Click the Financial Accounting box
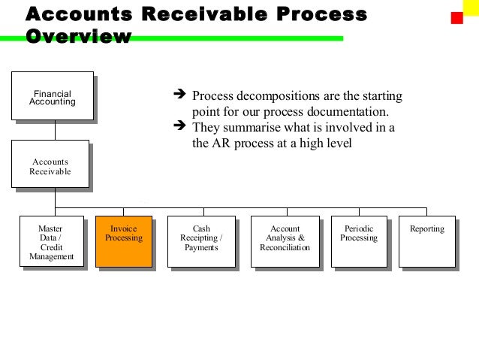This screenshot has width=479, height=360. [x=52, y=96]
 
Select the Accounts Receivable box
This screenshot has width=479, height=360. [x=50, y=165]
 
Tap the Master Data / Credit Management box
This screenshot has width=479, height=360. [x=51, y=241]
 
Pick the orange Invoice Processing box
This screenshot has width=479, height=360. [x=123, y=241]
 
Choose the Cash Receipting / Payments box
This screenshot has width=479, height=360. [x=200, y=241]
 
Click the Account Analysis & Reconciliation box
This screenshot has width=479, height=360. [x=285, y=241]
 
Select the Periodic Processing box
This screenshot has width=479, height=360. [x=359, y=241]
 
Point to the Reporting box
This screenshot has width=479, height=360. [x=426, y=241]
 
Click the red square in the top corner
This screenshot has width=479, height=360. [x=456, y=18]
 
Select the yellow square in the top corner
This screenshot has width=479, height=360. [x=468, y=8]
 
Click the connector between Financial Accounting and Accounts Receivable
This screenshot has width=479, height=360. [x=52, y=130]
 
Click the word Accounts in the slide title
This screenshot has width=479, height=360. [x=74, y=14]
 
